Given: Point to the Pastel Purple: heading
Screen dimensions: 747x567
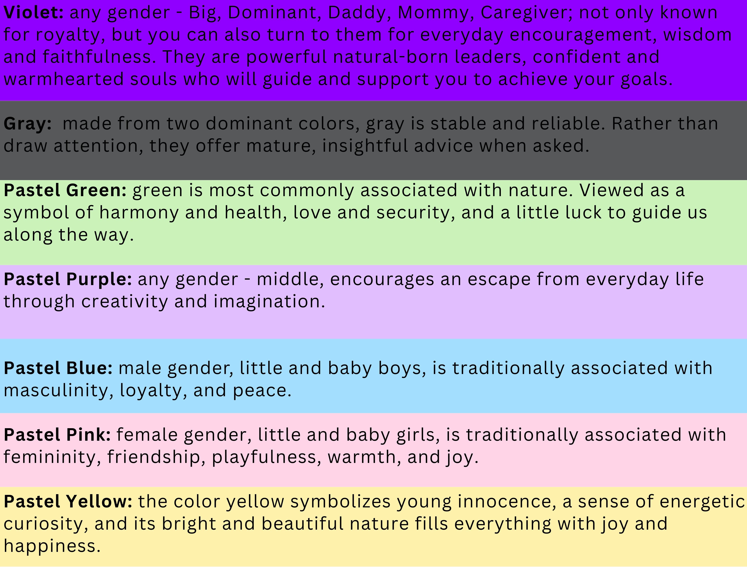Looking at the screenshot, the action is coord(68,279).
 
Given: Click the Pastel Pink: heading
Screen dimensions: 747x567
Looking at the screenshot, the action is coord(57,435).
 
